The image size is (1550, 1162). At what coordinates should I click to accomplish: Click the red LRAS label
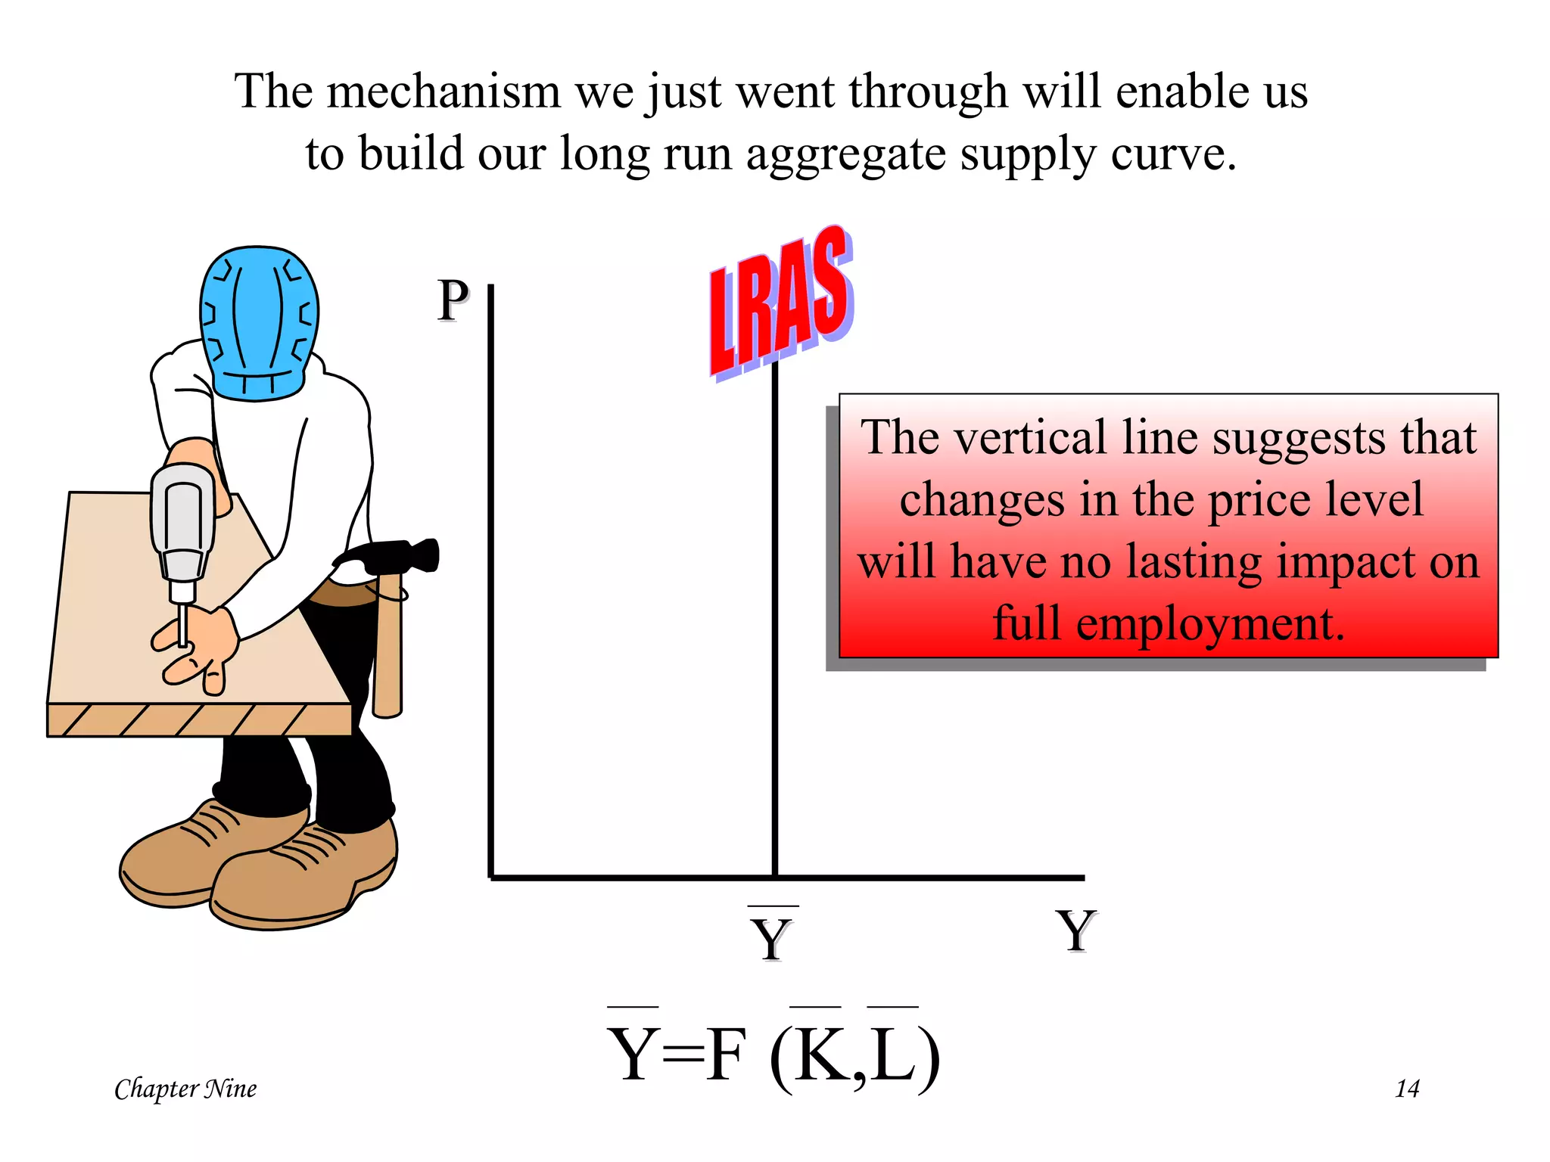(x=781, y=303)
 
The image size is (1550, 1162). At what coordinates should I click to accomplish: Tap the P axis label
(x=453, y=301)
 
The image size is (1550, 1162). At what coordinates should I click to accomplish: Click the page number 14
(x=1407, y=1089)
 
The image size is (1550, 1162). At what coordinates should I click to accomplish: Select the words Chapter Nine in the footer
(x=185, y=1089)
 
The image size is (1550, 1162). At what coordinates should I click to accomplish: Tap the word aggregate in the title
(x=845, y=154)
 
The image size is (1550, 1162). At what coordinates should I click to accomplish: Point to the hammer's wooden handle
(x=387, y=651)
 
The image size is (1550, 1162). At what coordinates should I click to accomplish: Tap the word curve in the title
(x=1172, y=154)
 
